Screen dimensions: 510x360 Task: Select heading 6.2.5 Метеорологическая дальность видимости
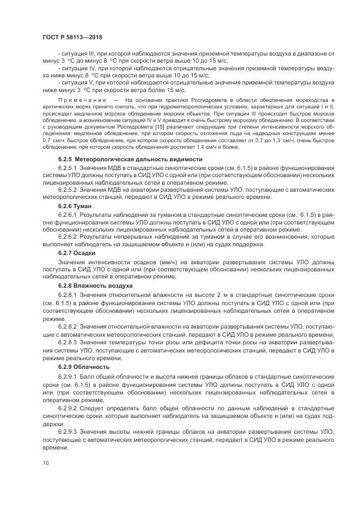pyautogui.click(x=122, y=159)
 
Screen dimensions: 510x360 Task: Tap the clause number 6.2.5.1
pyautogui.click(x=68, y=168)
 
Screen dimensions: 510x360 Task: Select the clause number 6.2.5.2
pyautogui.click(x=68, y=190)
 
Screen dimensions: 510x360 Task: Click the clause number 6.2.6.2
pyautogui.click(x=68, y=236)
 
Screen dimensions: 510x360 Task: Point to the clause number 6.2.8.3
pyautogui.click(x=68, y=342)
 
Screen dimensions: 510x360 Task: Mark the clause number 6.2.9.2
pyautogui.click(x=68, y=407)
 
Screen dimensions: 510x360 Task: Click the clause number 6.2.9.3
pyautogui.click(x=68, y=432)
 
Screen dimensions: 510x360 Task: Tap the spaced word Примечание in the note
pyautogui.click(x=82, y=100)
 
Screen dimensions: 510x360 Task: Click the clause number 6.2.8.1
pyautogui.click(x=68, y=294)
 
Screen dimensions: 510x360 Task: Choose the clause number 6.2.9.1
pyautogui.click(x=68, y=377)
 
